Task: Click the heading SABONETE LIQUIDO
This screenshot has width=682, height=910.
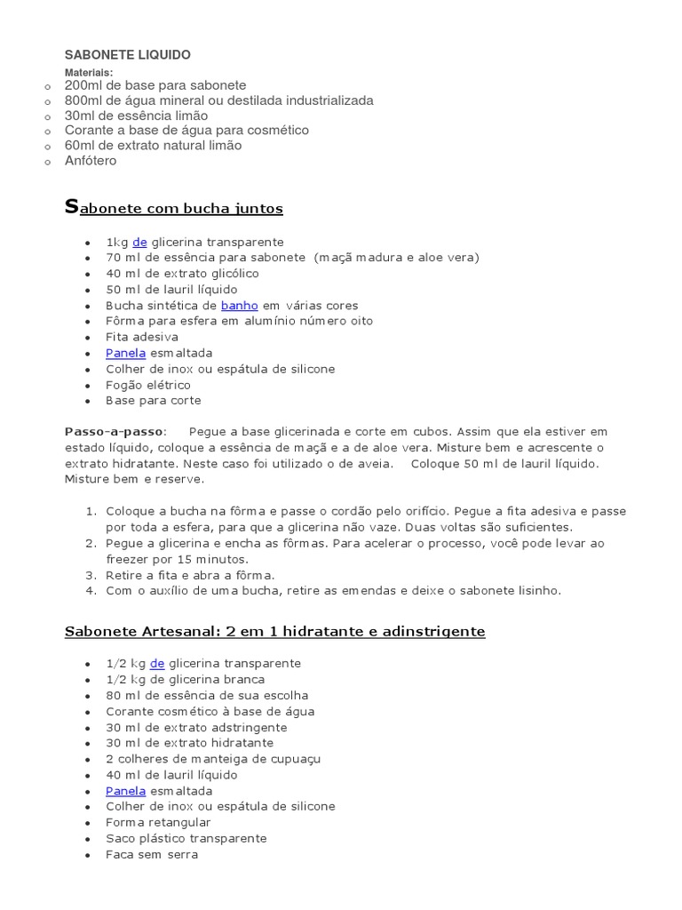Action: [x=127, y=55]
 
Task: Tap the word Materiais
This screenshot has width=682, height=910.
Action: [x=89, y=73]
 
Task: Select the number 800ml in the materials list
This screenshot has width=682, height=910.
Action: [x=82, y=100]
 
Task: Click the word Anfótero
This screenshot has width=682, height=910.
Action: [x=90, y=161]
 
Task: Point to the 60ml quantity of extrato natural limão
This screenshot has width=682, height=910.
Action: [x=80, y=146]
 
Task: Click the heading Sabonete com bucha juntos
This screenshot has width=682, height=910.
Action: [x=174, y=209]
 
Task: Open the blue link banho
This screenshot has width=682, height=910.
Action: [x=240, y=306]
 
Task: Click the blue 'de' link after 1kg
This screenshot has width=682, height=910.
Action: [x=139, y=242]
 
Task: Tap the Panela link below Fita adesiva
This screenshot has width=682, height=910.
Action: [x=125, y=354]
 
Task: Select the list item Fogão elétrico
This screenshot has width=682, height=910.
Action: [x=148, y=386]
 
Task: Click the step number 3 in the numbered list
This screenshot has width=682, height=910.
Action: [x=90, y=575]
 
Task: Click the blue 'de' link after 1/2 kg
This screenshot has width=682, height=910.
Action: [x=157, y=664]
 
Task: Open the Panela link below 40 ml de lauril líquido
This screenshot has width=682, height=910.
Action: [x=125, y=791]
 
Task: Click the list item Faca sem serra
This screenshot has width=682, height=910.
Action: [x=152, y=855]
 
